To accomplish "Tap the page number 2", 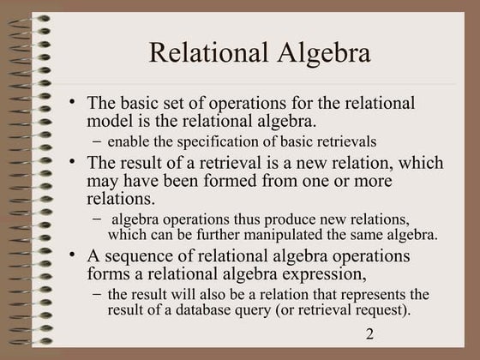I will (369, 333).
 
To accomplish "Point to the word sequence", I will (141, 256).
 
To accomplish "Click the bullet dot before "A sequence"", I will (74, 255).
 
